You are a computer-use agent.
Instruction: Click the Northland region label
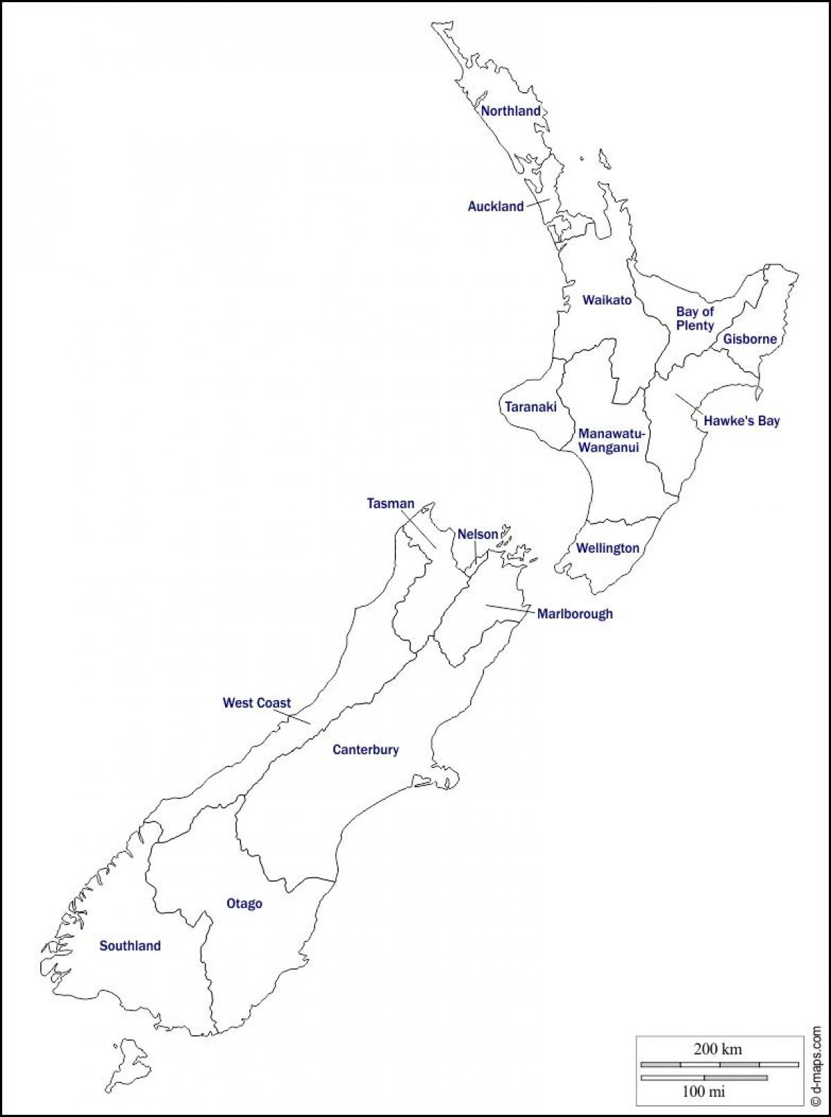pyautogui.click(x=511, y=111)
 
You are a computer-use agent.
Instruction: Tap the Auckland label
pyautogui.click(x=496, y=206)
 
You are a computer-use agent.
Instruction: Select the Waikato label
pyautogui.click(x=607, y=300)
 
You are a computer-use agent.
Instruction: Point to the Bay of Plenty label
pyautogui.click(x=695, y=319)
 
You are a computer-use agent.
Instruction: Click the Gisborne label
pyautogui.click(x=750, y=339)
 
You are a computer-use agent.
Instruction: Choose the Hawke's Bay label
pyautogui.click(x=742, y=420)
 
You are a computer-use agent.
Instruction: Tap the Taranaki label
pyautogui.click(x=530, y=407)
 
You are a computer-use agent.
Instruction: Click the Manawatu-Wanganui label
pyautogui.click(x=611, y=440)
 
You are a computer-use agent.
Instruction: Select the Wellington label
pyautogui.click(x=608, y=548)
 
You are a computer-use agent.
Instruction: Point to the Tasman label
pyautogui.click(x=391, y=504)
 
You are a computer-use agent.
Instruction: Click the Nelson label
pyautogui.click(x=478, y=534)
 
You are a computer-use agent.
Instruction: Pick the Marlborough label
pyautogui.click(x=575, y=614)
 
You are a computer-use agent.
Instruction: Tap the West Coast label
pyautogui.click(x=257, y=703)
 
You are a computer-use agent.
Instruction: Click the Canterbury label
pyautogui.click(x=366, y=749)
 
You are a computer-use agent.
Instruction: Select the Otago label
pyautogui.click(x=244, y=904)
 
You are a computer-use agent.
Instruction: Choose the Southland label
pyautogui.click(x=130, y=946)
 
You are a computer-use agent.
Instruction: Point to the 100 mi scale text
pyautogui.click(x=704, y=1091)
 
